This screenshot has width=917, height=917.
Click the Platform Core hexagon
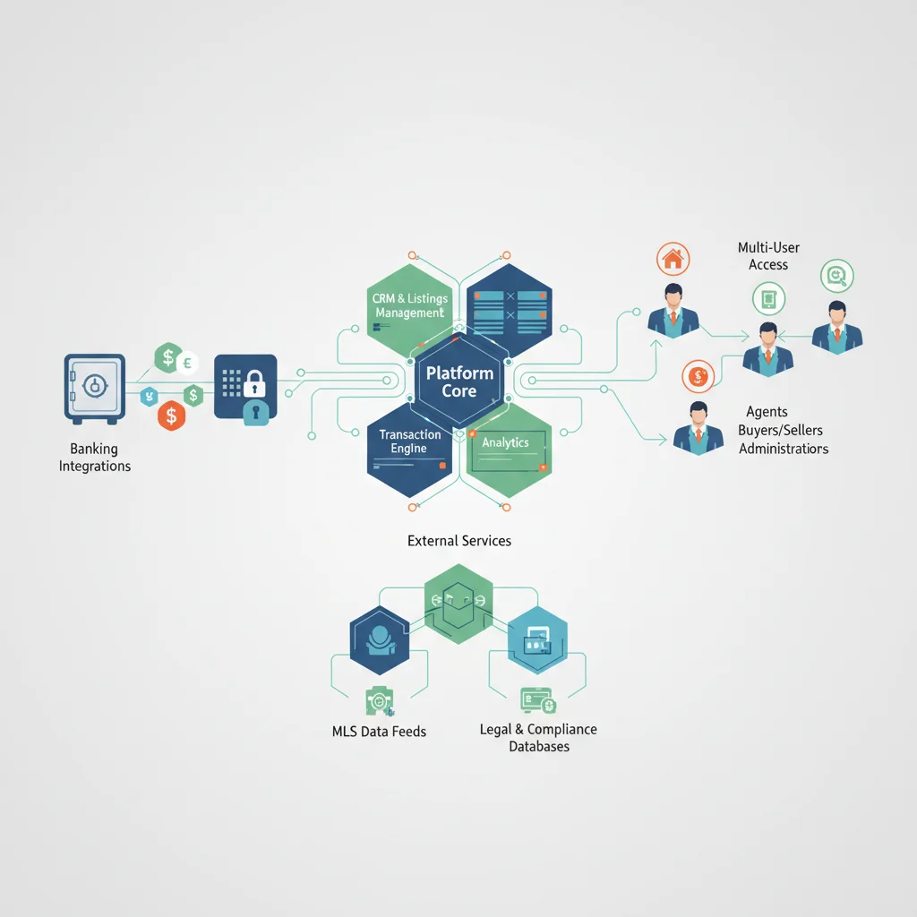coord(459,381)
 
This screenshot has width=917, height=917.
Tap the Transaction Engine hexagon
coord(409,450)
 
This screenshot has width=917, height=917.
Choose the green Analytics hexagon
coord(508,450)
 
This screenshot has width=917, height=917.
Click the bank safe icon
coord(95,389)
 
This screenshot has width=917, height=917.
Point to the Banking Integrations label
coord(95,458)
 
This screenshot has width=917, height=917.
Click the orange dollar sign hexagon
coord(171,416)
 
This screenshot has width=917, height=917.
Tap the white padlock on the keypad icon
coord(254,383)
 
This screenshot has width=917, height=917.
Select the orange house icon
coord(673,259)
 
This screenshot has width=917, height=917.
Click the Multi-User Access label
coord(768,256)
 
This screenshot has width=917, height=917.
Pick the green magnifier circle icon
coord(837,276)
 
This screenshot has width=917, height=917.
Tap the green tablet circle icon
coord(768,299)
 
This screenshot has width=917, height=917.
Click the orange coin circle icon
coord(698,376)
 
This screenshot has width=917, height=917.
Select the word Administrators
coord(784,449)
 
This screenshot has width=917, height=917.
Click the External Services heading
coord(459,541)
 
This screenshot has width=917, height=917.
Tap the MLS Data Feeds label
coord(379,732)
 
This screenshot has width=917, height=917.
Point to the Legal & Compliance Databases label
coord(538,738)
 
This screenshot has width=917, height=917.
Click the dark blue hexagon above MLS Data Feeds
coord(380,641)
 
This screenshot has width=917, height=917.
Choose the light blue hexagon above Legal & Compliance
coord(537,639)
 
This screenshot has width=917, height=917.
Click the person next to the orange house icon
coord(673,311)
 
